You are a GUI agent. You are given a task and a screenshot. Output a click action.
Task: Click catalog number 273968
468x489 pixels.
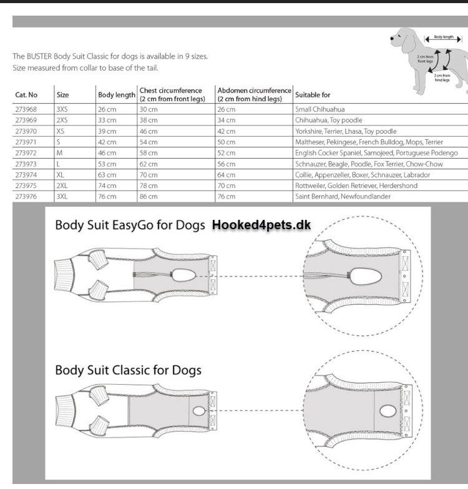tap(26, 109)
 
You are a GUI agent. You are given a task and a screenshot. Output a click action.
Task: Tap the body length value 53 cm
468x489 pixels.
tap(107, 164)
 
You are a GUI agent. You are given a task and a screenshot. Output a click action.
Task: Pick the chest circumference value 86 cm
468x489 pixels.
tap(149, 197)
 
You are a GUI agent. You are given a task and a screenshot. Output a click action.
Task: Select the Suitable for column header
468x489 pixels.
tap(313, 95)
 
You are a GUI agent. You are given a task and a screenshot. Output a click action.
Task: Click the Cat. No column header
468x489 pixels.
tap(26, 95)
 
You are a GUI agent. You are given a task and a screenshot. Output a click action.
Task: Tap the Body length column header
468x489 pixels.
tap(117, 95)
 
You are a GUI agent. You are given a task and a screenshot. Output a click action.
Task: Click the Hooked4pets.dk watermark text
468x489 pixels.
tap(261, 225)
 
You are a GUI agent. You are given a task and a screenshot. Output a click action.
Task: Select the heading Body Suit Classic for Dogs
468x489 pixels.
tap(128, 370)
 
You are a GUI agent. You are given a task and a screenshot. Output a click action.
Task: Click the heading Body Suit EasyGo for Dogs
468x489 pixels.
tap(130, 225)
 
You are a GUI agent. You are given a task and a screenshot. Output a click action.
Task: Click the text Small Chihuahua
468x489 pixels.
tap(319, 109)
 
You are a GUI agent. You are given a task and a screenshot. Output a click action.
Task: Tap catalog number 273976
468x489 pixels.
tap(26, 197)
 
